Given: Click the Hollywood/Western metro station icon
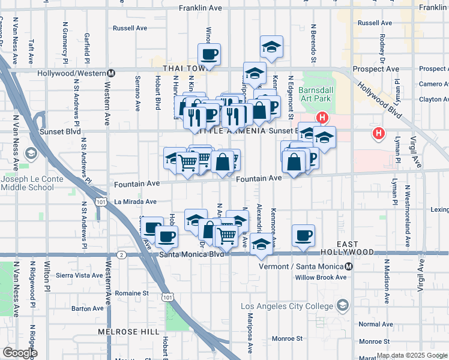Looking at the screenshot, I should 111,73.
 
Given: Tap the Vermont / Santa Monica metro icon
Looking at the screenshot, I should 349,266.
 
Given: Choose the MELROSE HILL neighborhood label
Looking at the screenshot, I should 130,331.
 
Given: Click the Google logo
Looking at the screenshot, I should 20,353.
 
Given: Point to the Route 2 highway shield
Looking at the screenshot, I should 122,254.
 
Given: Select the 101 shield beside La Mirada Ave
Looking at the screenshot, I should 101,203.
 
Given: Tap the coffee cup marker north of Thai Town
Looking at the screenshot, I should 209,54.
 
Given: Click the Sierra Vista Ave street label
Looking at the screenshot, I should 79,275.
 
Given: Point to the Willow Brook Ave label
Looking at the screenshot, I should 321,277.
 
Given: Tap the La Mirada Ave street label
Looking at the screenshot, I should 135,202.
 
